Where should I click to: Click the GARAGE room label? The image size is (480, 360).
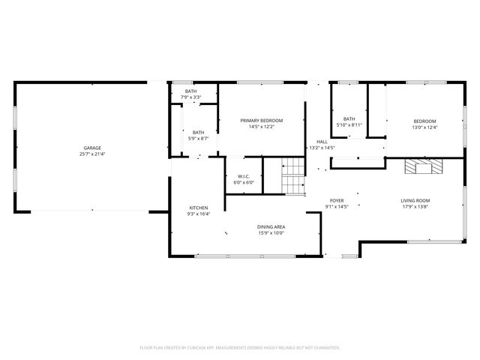tap(92, 148)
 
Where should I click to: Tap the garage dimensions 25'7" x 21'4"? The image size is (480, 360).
tap(92, 154)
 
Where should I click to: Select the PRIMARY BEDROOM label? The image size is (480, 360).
tap(262, 121)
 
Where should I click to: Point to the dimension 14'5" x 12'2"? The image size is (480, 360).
tap(262, 127)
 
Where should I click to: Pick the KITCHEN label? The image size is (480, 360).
tap(199, 208)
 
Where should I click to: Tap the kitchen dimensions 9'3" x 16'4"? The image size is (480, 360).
tap(199, 214)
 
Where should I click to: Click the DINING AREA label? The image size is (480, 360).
tap(271, 226)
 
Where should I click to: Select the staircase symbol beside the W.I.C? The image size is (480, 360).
tap(293, 177)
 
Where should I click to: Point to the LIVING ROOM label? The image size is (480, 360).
tap(415, 200)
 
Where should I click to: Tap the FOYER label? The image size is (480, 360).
tap(337, 200)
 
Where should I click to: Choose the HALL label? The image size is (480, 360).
tap(322, 142)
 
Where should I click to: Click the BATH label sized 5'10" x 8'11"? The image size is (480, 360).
tap(349, 118)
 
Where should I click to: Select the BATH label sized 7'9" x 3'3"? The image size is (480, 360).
tap(190, 91)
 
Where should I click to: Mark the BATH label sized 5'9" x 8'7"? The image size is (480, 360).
tap(198, 132)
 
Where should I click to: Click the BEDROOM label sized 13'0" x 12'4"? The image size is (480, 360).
tap(424, 121)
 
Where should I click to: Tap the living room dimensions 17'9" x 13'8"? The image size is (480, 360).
tap(415, 206)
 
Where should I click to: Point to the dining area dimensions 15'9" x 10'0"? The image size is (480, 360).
tap(271, 232)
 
